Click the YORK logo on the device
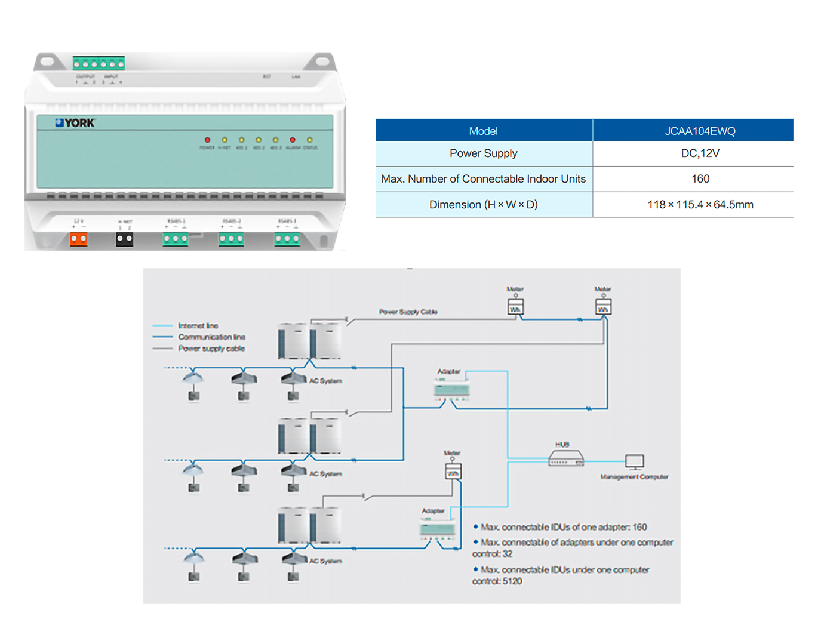(75, 123)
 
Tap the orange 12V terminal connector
(79, 239)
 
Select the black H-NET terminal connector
(124, 239)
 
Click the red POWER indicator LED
(207, 140)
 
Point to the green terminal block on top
(99, 63)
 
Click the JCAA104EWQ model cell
(700, 131)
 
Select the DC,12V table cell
(700, 153)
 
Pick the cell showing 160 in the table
(700, 179)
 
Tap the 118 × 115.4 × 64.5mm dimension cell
(700, 205)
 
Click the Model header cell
(483, 131)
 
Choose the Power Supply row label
(483, 153)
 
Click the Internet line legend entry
(198, 326)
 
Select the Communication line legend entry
(211, 337)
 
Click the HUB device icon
(565, 458)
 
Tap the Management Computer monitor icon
(634, 461)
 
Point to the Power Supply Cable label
(408, 312)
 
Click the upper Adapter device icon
(452, 390)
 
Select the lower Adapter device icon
(438, 528)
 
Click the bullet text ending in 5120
(561, 575)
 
